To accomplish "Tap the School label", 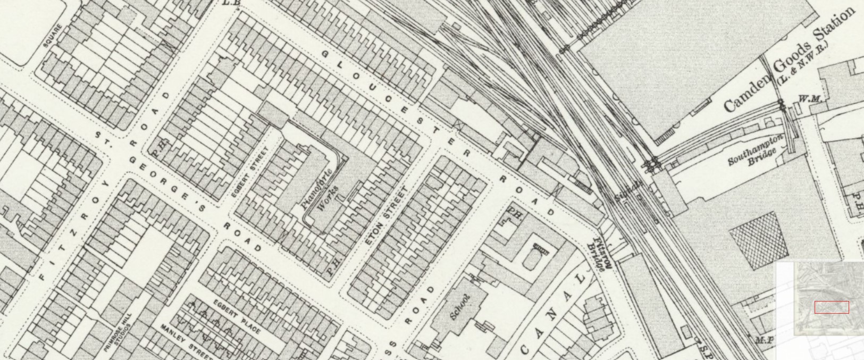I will pyautogui.click(x=460, y=307).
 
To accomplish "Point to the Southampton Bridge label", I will pyautogui.click(x=756, y=151).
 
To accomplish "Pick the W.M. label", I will pyautogui.click(x=809, y=99).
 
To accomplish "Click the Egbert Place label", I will pyautogui.click(x=237, y=317).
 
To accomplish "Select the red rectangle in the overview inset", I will pyautogui.click(x=832, y=307).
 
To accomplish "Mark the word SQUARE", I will pyautogui.click(x=52, y=36).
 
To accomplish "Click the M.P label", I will pyautogui.click(x=764, y=340).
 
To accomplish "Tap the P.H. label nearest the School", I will pyautogui.click(x=514, y=213).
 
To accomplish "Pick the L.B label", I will pyautogui.click(x=231, y=3).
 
